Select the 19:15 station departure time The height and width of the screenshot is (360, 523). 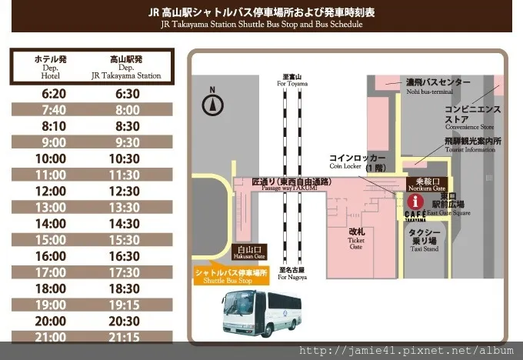coord(125,305)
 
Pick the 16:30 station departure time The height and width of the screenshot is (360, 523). coord(125,256)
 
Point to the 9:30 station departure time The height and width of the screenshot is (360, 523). coord(125,142)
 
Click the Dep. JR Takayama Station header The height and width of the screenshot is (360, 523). coord(125,67)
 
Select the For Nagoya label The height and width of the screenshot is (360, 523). coord(291,273)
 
